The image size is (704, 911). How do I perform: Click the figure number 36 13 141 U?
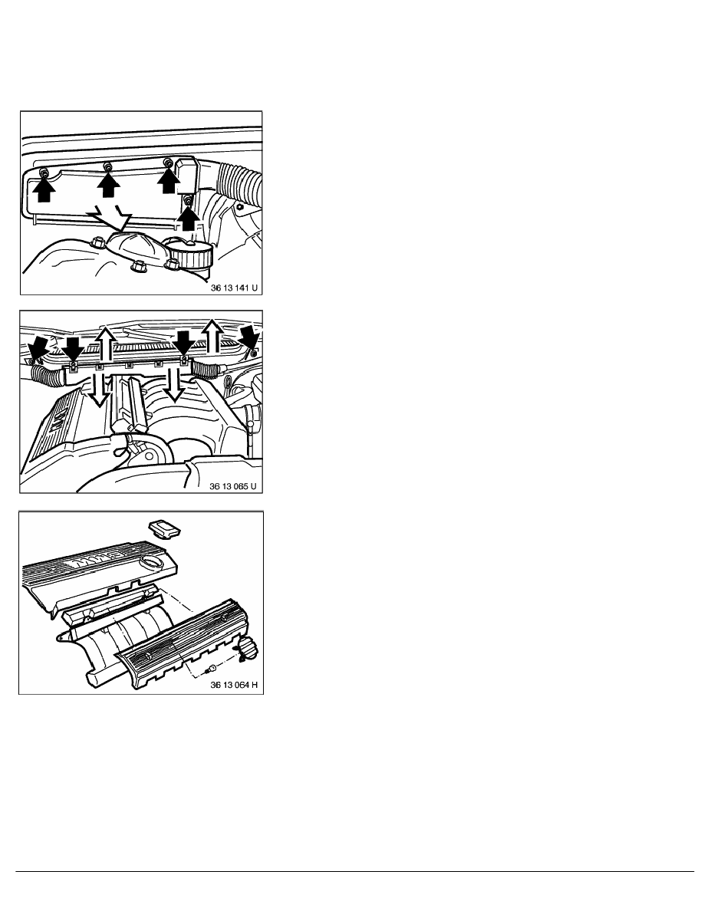tap(233, 287)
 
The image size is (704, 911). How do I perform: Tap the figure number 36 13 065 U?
tap(232, 485)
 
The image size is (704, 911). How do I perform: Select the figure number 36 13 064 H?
tap(233, 685)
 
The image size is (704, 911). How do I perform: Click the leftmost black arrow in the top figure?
tap(44, 189)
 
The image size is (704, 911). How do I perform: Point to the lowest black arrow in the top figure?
tap(188, 219)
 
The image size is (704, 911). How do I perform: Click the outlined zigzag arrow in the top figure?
tap(111, 217)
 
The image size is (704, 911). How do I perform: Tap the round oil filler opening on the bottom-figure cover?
tap(152, 561)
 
